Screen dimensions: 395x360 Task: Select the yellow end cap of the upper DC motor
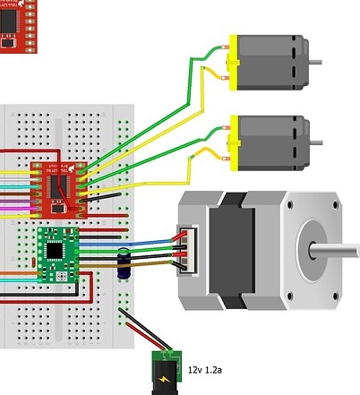coord(235,62)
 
